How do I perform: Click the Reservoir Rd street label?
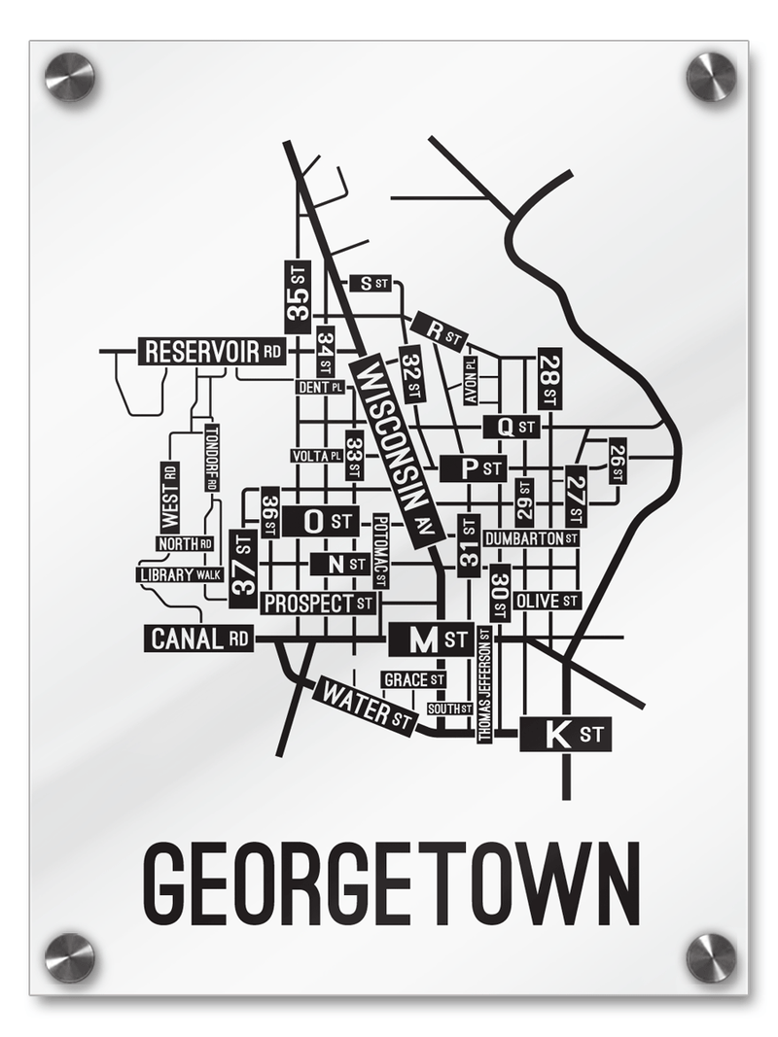pyautogui.click(x=213, y=351)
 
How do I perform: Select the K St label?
pyautogui.click(x=566, y=734)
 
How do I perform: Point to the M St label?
pyautogui.click(x=431, y=640)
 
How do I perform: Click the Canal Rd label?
pyautogui.click(x=199, y=639)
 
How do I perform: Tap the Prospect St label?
pyautogui.click(x=318, y=604)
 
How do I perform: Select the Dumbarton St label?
pyautogui.click(x=531, y=537)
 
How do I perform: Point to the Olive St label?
pyautogui.click(x=547, y=601)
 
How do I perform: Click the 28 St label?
pyautogui.click(x=549, y=378)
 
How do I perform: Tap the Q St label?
pyautogui.click(x=511, y=426)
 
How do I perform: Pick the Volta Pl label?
pyautogui.click(x=316, y=456)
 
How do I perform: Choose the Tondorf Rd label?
pyautogui.click(x=212, y=458)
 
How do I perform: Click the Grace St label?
pyautogui.click(x=413, y=678)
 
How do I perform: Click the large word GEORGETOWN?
pyautogui.click(x=391, y=885)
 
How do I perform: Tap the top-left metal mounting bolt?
pyautogui.click(x=70, y=76)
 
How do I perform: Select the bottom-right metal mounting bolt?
pyautogui.click(x=711, y=957)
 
